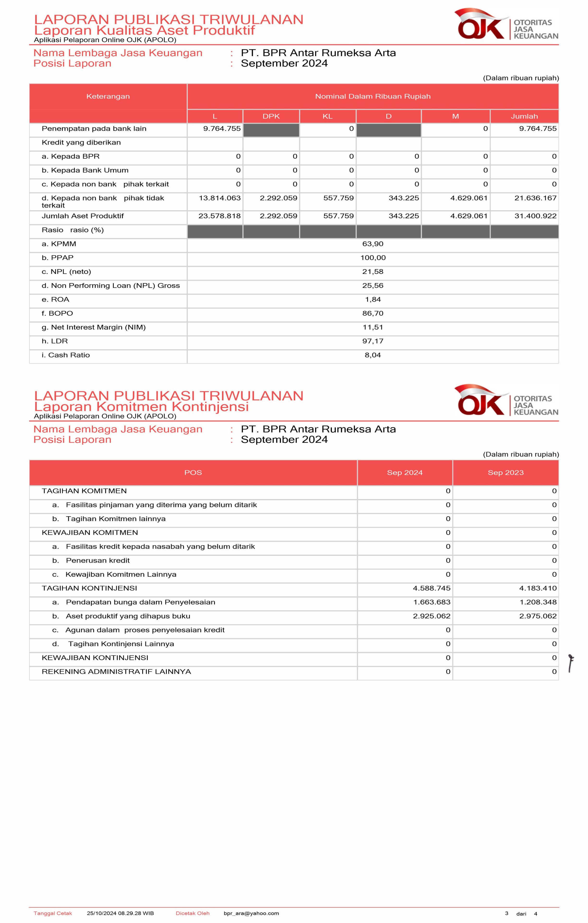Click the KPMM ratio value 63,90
point(372,244)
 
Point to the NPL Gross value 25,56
point(372,286)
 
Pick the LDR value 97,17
point(372,341)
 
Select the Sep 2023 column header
point(505,473)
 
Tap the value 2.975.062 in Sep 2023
point(538,616)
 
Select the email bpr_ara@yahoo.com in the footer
point(251,913)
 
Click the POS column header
point(193,473)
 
